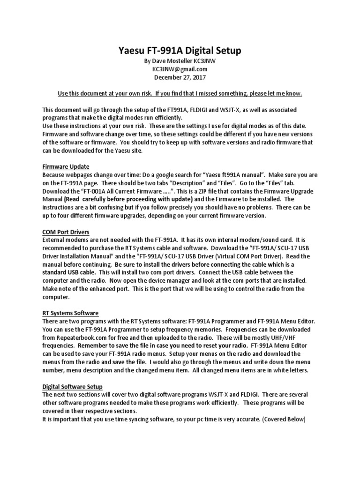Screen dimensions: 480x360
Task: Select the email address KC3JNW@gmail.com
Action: click(x=180, y=69)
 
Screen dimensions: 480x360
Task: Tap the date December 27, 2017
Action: click(x=180, y=77)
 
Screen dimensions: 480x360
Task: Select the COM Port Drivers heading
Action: click(x=66, y=232)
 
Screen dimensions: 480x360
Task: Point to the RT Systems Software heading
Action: click(x=70, y=313)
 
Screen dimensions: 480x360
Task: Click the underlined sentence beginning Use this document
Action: click(x=180, y=94)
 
